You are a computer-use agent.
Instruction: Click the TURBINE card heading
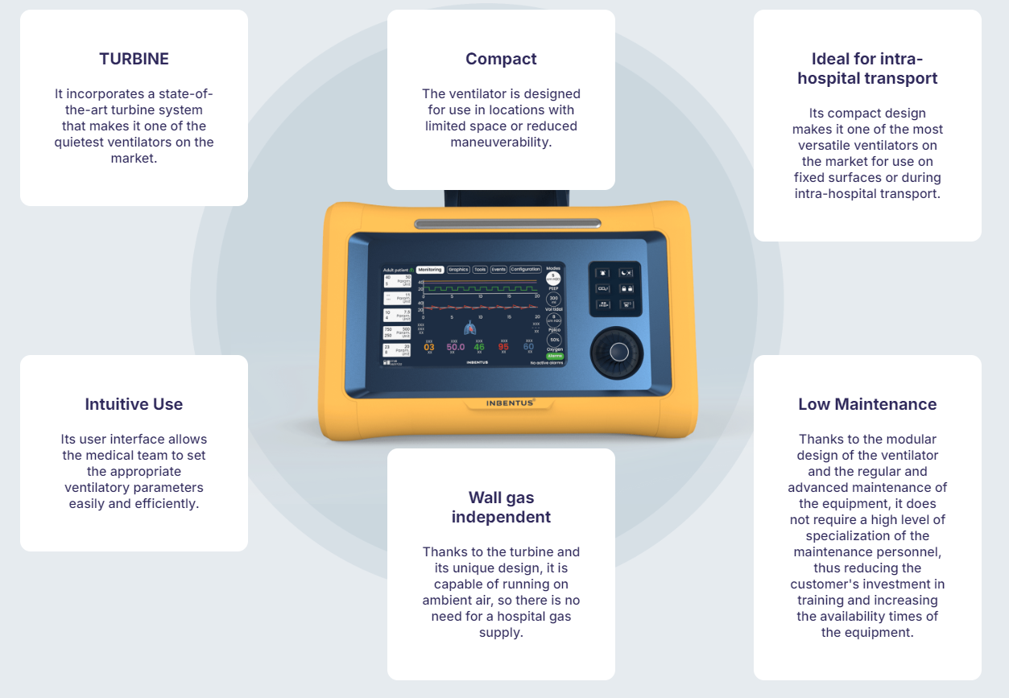coord(134,59)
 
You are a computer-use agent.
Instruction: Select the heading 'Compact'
coord(501,59)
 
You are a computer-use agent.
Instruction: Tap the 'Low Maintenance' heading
coord(867,404)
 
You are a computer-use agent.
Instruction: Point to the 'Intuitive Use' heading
coord(134,404)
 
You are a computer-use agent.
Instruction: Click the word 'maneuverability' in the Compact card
coord(501,142)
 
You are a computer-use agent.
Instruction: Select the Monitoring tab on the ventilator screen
coord(430,270)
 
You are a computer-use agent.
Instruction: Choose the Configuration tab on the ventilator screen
coord(525,270)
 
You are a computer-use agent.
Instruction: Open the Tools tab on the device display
coord(480,270)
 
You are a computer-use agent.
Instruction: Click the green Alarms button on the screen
coord(555,355)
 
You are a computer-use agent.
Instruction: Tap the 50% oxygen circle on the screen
coord(555,340)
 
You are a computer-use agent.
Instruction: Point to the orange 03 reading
coord(429,347)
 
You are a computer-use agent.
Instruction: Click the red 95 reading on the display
coord(503,347)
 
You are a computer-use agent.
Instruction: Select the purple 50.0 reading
coord(455,347)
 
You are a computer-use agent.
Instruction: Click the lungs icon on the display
coord(471,328)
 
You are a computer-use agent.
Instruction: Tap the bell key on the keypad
coord(603,272)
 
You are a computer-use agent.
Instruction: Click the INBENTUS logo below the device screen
coord(511,402)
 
